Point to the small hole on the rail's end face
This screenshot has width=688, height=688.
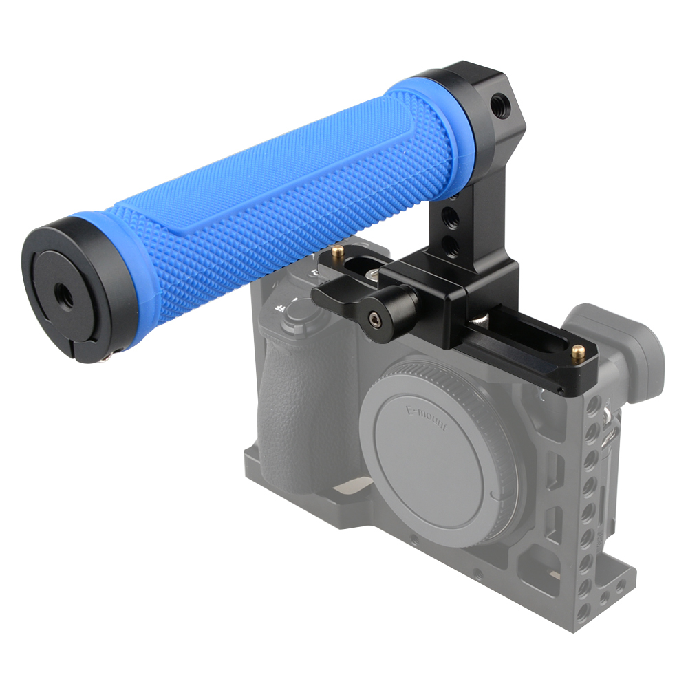click(561, 392)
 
